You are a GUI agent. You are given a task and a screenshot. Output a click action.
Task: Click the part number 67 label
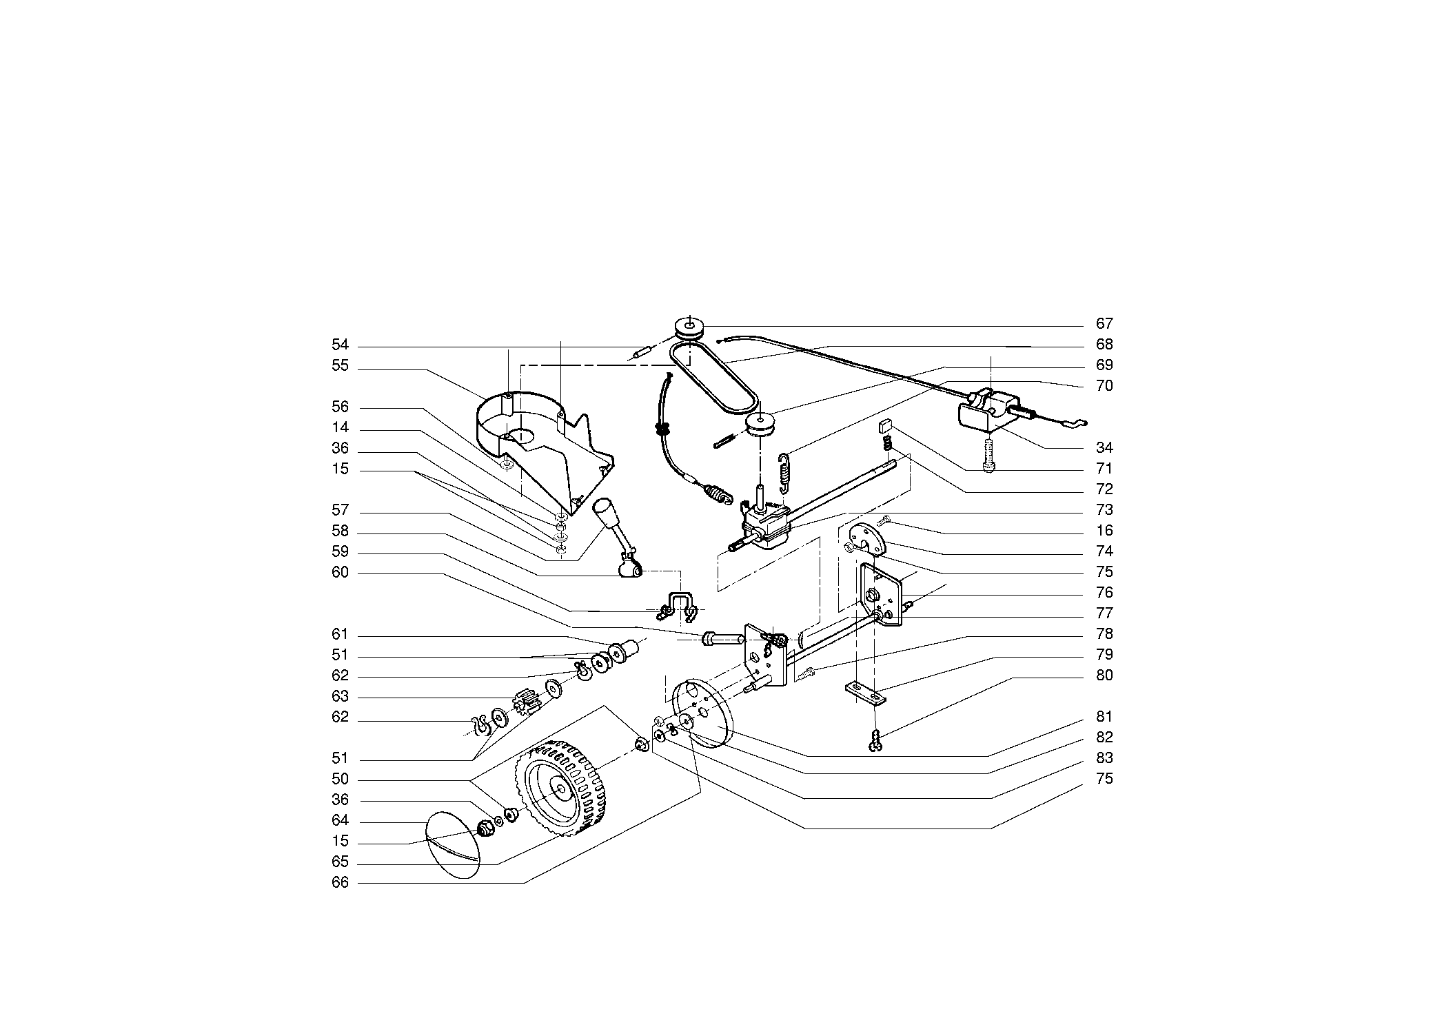(1104, 324)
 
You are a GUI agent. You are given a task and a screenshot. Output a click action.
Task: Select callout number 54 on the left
(340, 345)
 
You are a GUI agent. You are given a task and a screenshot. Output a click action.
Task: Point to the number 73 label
(1104, 510)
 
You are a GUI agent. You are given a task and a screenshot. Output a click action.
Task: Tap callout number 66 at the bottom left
(340, 883)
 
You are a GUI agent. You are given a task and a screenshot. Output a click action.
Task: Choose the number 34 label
(1104, 448)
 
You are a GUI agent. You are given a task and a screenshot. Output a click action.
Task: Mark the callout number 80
(1104, 675)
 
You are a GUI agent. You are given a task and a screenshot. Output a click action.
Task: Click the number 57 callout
(340, 511)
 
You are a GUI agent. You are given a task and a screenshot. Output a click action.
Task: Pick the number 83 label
(1104, 758)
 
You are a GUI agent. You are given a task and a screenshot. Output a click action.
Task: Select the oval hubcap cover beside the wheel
(452, 843)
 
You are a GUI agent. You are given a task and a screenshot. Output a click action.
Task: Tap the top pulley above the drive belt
(689, 327)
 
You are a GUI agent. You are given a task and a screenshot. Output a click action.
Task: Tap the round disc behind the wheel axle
(702, 714)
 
